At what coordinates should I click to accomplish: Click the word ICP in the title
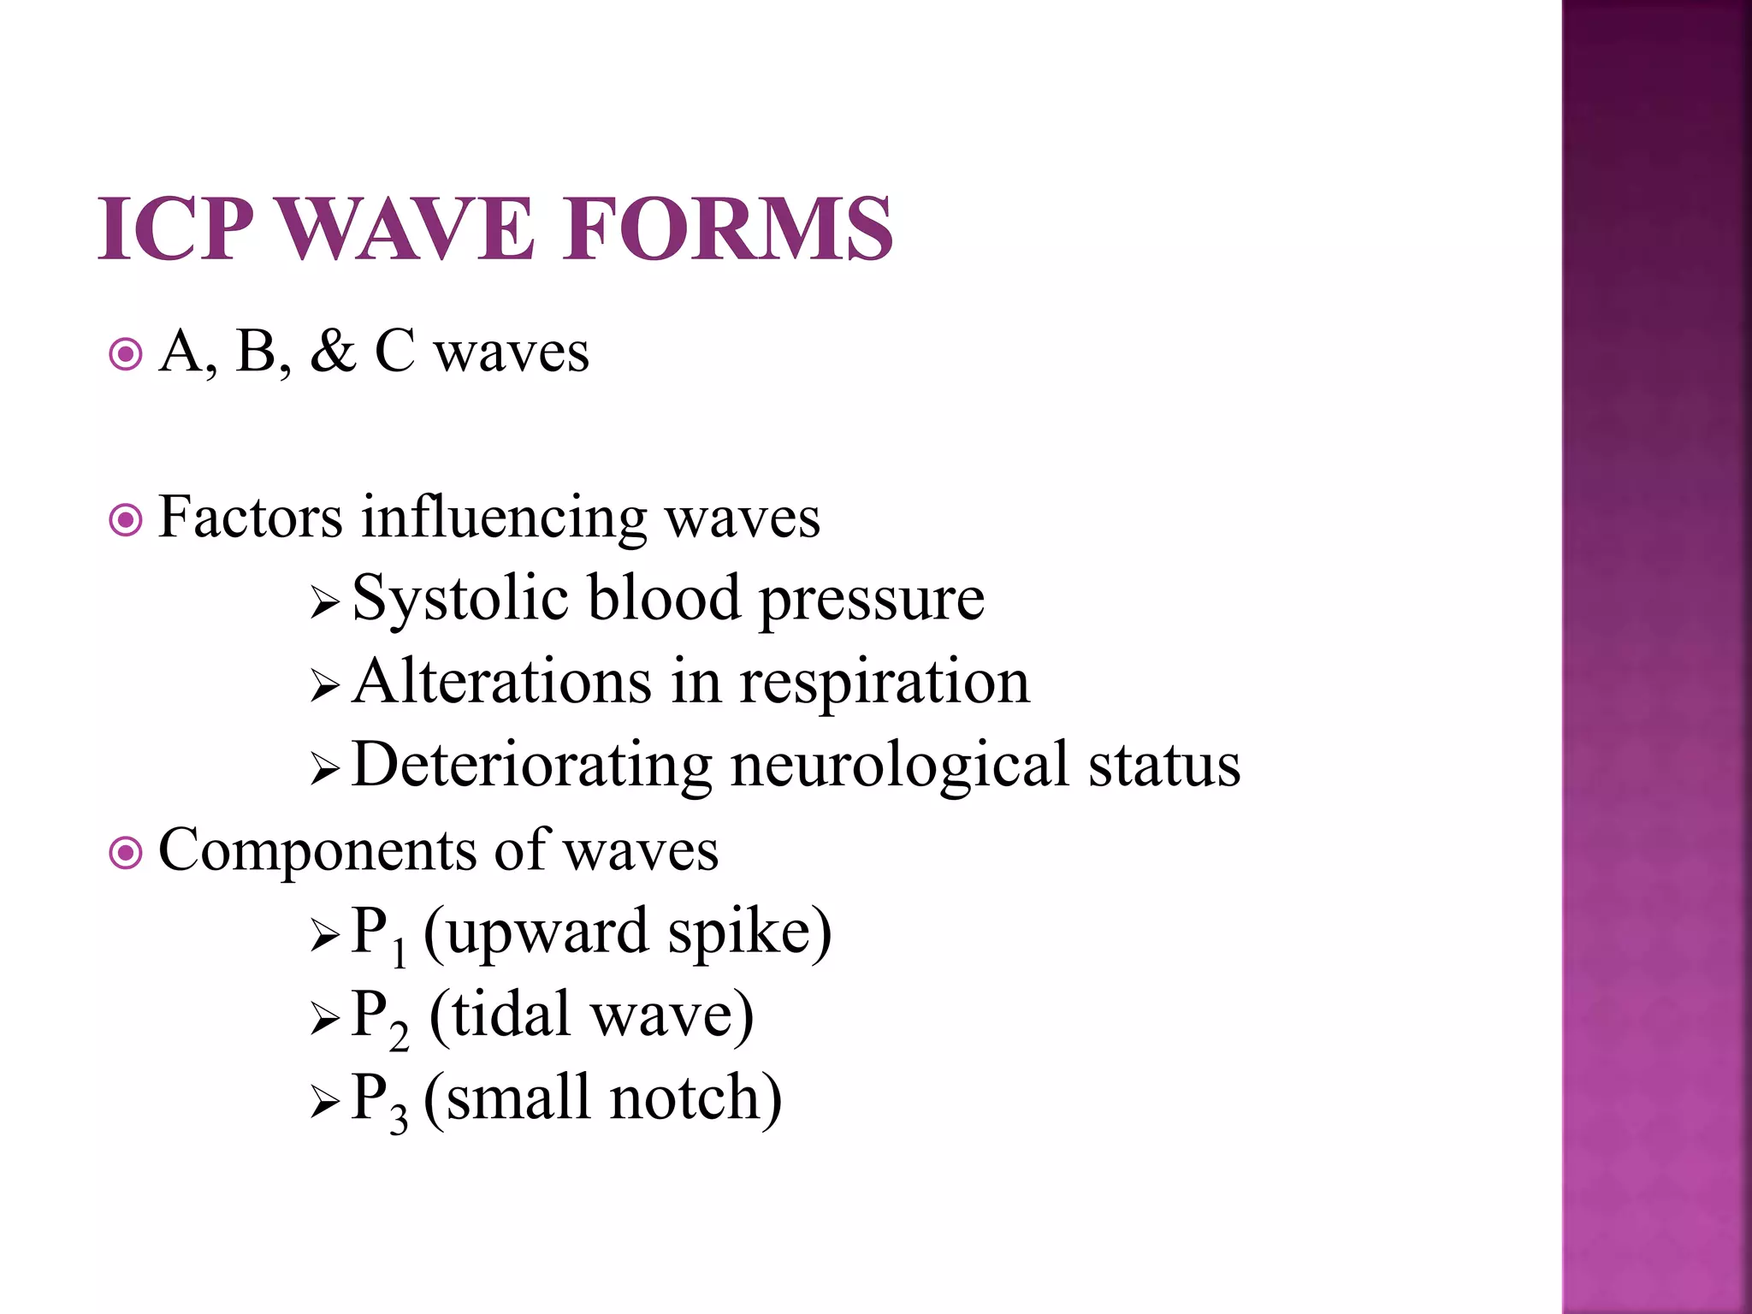(x=175, y=228)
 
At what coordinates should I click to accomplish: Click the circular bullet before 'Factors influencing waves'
(x=126, y=519)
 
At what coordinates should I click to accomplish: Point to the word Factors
(x=251, y=517)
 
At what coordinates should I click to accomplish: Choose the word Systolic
(x=460, y=598)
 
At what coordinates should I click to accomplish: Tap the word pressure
(x=872, y=600)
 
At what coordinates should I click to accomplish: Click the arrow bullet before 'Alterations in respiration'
(x=325, y=685)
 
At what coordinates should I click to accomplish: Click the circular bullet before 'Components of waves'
(x=126, y=852)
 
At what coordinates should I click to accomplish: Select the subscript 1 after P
(x=399, y=952)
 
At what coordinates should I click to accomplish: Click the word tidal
(x=511, y=1014)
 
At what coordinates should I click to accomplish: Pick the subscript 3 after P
(x=399, y=1118)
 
